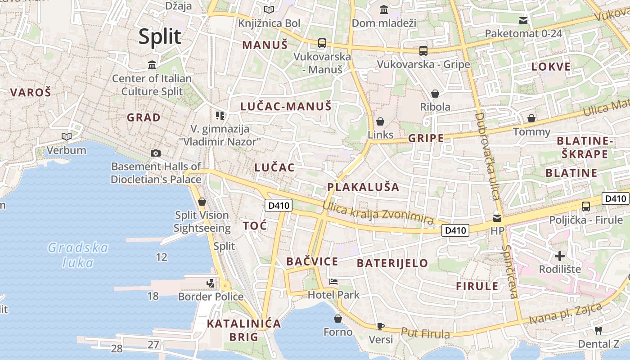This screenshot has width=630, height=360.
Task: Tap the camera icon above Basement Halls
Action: click(156, 153)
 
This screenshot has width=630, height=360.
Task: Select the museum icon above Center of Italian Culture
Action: click(152, 65)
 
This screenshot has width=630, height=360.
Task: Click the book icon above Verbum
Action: click(67, 136)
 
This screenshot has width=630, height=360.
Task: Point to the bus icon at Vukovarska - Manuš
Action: click(322, 43)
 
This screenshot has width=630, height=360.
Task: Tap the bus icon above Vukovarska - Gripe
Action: click(423, 50)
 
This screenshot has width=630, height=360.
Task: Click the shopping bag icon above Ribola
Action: click(435, 94)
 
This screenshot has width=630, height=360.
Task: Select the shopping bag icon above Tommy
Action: click(531, 118)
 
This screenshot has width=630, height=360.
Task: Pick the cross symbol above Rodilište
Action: click(560, 256)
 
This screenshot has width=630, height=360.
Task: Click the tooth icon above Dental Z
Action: click(598, 330)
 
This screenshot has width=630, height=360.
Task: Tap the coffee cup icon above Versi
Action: click(381, 326)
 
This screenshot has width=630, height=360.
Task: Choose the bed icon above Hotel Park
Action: click(333, 282)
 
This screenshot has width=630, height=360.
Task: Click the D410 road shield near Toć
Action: click(279, 206)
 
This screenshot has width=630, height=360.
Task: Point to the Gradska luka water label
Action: click(78, 255)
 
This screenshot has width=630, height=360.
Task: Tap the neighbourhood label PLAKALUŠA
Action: click(363, 187)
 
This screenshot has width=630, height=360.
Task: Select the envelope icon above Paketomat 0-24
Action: click(523, 20)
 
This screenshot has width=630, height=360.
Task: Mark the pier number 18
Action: click(153, 296)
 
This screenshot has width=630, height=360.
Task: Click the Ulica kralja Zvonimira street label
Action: click(378, 213)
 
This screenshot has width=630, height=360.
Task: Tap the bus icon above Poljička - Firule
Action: click(586, 207)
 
